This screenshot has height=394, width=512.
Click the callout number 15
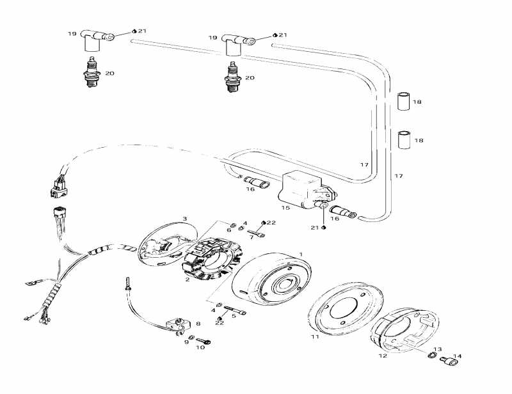pyautogui.click(x=285, y=208)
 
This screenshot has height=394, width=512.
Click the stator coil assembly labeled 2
pyautogui.click(x=210, y=258)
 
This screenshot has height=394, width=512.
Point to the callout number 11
pyautogui.click(x=314, y=336)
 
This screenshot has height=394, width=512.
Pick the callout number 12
pyautogui.click(x=383, y=355)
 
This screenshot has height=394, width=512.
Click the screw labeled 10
pyautogui.click(x=203, y=341)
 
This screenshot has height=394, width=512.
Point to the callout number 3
pyautogui.click(x=185, y=218)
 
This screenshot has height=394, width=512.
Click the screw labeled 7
pyautogui.click(x=255, y=233)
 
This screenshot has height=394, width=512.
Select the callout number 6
pyautogui.click(x=228, y=230)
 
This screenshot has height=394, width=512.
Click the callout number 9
pyautogui.click(x=186, y=342)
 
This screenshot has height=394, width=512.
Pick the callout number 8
pyautogui.click(x=198, y=324)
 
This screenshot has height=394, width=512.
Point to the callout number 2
pyautogui.click(x=187, y=280)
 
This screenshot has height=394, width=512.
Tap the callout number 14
pyautogui.click(x=458, y=356)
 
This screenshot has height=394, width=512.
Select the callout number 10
pyautogui.click(x=200, y=347)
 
